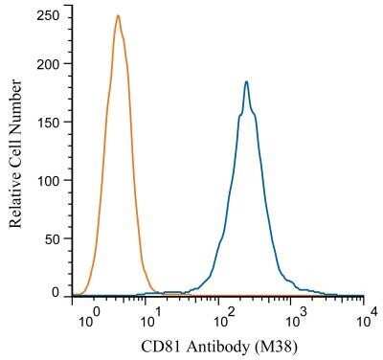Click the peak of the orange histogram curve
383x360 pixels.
point(117,16)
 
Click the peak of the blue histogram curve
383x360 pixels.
point(246,82)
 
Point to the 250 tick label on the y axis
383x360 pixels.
point(49,15)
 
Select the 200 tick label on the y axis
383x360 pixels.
point(49,64)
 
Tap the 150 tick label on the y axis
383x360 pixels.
point(49,122)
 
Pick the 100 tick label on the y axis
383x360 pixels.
point(49,179)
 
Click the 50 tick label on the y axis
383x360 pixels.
point(53,236)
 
